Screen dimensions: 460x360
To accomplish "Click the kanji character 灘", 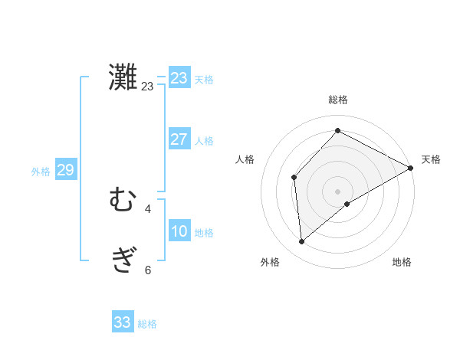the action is click(123, 77).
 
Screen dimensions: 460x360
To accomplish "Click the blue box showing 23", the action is click(179, 77).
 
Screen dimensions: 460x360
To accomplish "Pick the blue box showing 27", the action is click(179, 139).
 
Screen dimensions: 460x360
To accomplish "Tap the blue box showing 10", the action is click(179, 231).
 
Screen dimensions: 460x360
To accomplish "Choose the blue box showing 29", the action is click(65, 170).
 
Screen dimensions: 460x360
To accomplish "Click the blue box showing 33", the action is click(123, 322).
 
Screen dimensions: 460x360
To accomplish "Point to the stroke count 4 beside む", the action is click(148, 208).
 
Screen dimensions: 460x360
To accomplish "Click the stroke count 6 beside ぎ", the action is click(148, 270).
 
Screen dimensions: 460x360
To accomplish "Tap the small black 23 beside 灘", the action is click(147, 86).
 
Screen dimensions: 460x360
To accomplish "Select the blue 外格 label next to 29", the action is click(41, 172).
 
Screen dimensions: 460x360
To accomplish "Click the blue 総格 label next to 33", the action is click(147, 324).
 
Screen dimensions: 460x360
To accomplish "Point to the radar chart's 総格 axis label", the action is click(337, 100).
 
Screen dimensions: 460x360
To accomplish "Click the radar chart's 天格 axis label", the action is click(431, 159).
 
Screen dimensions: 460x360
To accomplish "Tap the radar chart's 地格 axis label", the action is click(402, 263).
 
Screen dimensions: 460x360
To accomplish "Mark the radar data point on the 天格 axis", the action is click(411, 169).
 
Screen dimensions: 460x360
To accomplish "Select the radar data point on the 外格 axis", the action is click(301, 242).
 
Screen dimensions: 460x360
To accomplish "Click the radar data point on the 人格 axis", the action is click(294, 178).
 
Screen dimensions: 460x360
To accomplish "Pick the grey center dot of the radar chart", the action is click(337, 191).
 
